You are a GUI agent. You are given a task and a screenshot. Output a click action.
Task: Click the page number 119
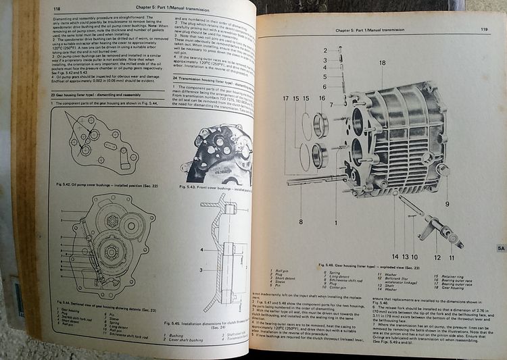[x=481, y=29]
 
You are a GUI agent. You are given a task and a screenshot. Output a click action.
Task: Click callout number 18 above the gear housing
[x=383, y=63]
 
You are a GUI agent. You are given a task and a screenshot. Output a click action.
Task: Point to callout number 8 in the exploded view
[x=301, y=220]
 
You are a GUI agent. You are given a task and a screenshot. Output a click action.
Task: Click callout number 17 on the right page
[x=286, y=99]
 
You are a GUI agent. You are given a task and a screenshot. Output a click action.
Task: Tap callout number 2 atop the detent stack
[x=324, y=51]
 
